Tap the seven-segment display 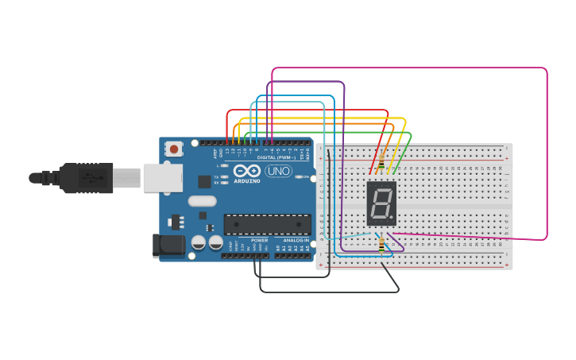pos(381,203)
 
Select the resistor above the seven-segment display pos(381,161)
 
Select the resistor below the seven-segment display pos(381,246)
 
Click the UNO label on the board pos(278,171)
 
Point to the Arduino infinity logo pos(247,171)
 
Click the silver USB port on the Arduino pos(162,178)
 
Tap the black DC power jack pos(168,246)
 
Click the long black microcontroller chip pos(267,224)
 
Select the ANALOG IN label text pos(296,240)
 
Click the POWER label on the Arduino pos(260,240)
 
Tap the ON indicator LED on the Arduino pos(297,176)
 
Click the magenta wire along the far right pos(547,159)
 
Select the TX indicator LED pos(225,176)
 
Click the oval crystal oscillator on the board pos(203,201)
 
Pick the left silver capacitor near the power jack pos(198,242)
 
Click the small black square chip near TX pos(204,181)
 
